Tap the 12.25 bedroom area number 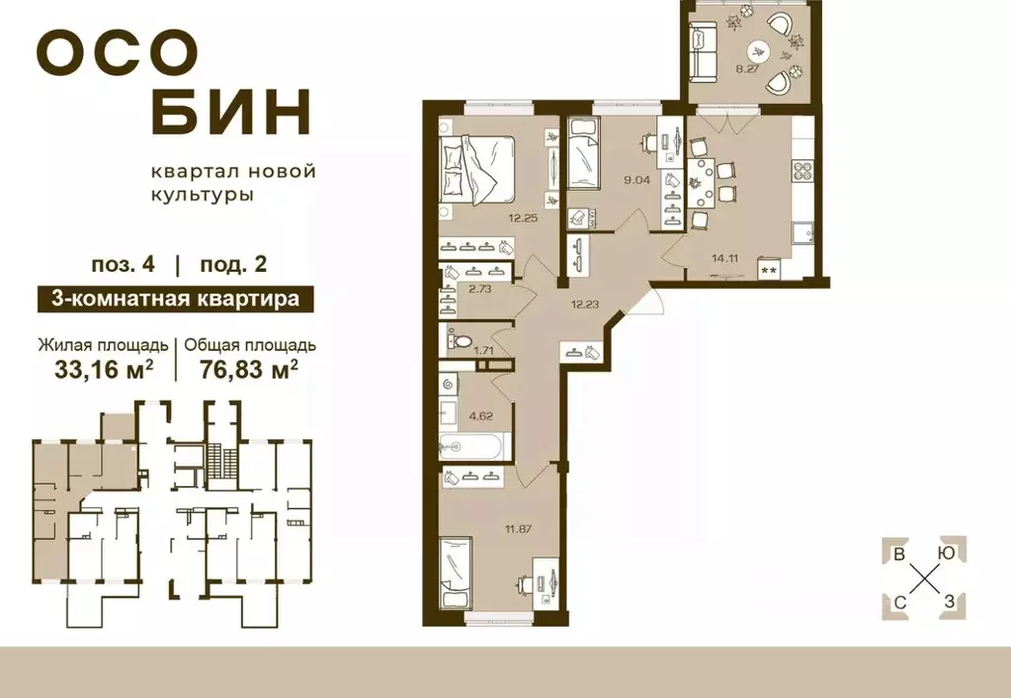[524, 218]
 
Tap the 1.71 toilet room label [483, 350]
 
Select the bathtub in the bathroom [473, 447]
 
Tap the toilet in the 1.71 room [457, 341]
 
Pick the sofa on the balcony [705, 53]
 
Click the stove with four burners [801, 170]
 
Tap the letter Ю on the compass [946, 554]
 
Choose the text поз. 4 [124, 264]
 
